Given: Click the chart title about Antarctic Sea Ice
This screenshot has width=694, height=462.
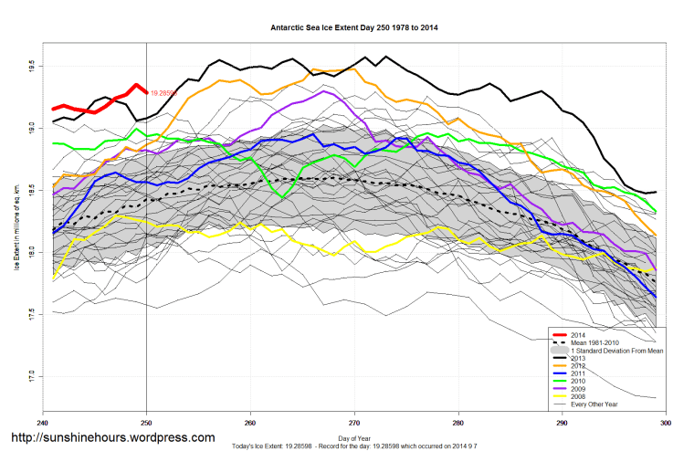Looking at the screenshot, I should pos(354,27).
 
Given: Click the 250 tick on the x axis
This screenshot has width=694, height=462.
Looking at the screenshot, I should pos(147,423).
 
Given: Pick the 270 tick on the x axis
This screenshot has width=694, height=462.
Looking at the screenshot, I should pos(355,423).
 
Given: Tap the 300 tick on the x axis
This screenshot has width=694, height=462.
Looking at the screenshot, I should pos(666,423).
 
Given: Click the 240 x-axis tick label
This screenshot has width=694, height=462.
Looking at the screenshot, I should pos(43,423).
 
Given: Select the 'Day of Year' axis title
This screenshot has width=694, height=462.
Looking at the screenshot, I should pos(354,438).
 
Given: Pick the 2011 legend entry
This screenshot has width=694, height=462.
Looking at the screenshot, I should pos(579,375).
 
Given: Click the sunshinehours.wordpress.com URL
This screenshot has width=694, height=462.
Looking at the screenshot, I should pos(112,438).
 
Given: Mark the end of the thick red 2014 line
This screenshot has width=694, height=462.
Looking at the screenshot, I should pos(146,91).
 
